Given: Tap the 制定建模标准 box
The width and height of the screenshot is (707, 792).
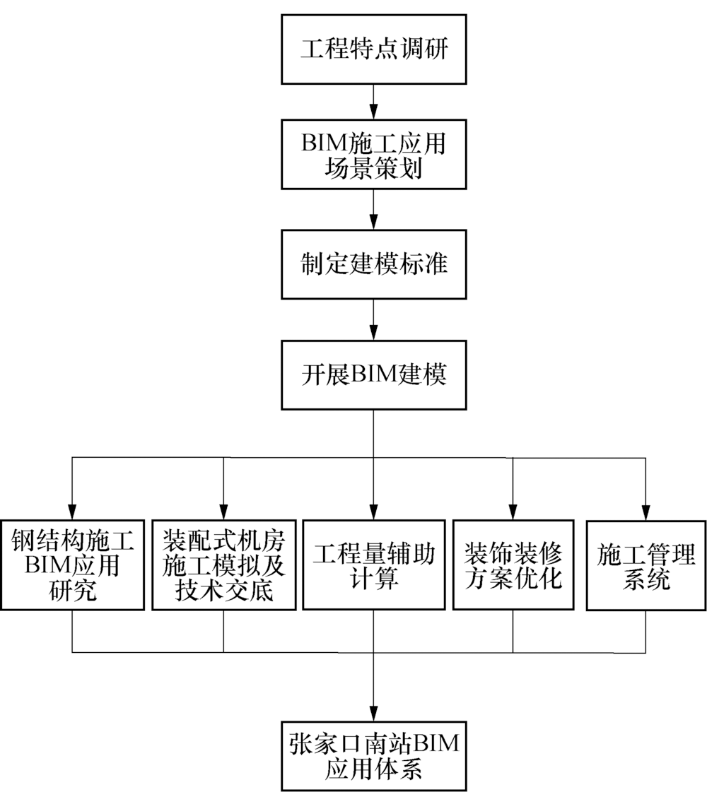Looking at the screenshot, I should pos(373,265).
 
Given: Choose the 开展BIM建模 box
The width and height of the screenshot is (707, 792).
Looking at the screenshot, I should pos(373,375).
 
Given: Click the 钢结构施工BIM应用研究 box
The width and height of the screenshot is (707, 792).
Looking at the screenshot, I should pos(73,565).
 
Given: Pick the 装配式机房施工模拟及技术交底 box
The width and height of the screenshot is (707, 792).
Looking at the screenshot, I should pos(223,565).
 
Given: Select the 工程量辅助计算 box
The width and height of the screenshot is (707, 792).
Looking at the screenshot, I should pos(373,565).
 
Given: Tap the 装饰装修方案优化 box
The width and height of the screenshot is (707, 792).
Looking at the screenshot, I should pos(513,565).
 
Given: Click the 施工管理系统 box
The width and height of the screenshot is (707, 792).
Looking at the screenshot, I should pos(645,565).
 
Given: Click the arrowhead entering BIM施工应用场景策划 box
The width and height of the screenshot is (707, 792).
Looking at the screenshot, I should pos(373,113).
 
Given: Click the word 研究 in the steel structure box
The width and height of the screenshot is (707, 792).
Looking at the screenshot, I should pos(73,590).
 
